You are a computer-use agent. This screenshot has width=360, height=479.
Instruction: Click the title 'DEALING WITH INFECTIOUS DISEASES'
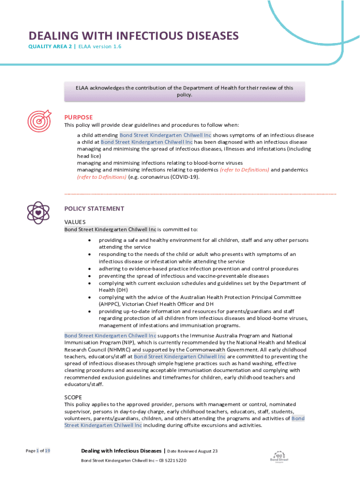coord(134,36)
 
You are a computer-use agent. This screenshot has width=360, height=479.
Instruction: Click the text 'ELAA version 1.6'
coord(100,47)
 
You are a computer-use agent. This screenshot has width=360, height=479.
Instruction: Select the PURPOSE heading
coord(79,117)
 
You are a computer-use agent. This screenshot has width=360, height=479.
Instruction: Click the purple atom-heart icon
coord(38,212)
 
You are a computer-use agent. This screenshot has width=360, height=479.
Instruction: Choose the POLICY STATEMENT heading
coord(94,209)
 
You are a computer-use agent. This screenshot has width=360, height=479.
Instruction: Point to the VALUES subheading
coord(75,222)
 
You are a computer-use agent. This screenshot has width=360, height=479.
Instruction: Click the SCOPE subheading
coord(73,397)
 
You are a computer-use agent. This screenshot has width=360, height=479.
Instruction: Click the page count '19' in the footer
coord(48,451)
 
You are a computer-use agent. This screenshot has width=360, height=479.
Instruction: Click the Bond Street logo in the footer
coord(280,457)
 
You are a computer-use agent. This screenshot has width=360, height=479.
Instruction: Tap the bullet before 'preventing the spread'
coord(89,276)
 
